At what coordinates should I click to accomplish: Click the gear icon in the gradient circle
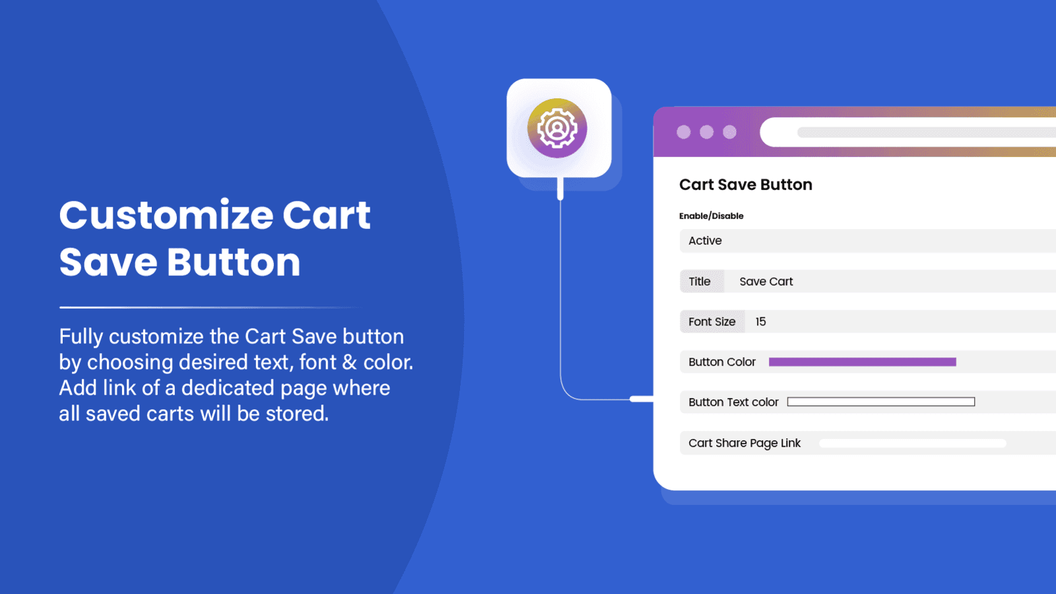tap(557, 128)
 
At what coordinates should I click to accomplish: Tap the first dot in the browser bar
tap(684, 132)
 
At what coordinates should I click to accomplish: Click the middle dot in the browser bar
tap(706, 132)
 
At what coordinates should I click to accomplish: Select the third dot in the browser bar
tap(729, 132)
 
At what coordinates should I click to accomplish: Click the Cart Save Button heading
tap(745, 184)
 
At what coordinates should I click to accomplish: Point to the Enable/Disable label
tap(711, 216)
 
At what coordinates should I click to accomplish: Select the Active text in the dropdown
tap(705, 240)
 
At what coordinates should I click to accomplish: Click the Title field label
tap(699, 281)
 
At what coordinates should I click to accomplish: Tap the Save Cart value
tap(766, 281)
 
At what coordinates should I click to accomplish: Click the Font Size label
tap(712, 321)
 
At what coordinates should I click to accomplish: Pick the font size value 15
tap(760, 321)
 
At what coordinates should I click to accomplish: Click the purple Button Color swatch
tap(862, 362)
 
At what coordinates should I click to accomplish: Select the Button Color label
tap(722, 362)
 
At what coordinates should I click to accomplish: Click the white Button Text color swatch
tap(880, 402)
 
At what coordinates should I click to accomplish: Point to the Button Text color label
tap(733, 402)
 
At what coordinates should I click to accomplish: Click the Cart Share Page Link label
tap(744, 443)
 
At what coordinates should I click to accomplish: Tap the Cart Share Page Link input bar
tap(912, 443)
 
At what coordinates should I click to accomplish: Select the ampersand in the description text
tap(349, 362)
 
